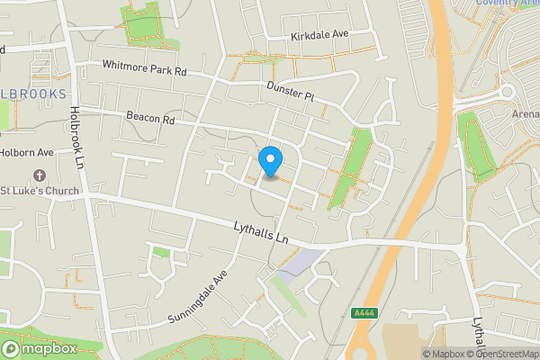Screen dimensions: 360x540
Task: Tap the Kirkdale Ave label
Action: click(x=319, y=34)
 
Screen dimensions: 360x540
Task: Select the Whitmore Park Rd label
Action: click(x=143, y=67)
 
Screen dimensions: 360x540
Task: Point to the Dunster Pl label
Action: click(x=289, y=91)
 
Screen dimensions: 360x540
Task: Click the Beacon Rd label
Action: click(x=149, y=118)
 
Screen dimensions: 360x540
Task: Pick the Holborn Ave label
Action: click(x=27, y=152)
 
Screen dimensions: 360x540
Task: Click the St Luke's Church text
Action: click(x=40, y=191)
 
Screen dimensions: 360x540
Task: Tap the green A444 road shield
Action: click(x=363, y=312)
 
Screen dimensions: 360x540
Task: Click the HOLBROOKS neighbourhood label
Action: click(x=34, y=94)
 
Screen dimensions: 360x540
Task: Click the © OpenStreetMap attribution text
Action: click(x=499, y=354)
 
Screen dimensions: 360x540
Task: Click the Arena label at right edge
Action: click(x=525, y=114)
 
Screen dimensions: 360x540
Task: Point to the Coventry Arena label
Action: click(x=508, y=4)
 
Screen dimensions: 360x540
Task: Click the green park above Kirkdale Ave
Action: click(x=144, y=24)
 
